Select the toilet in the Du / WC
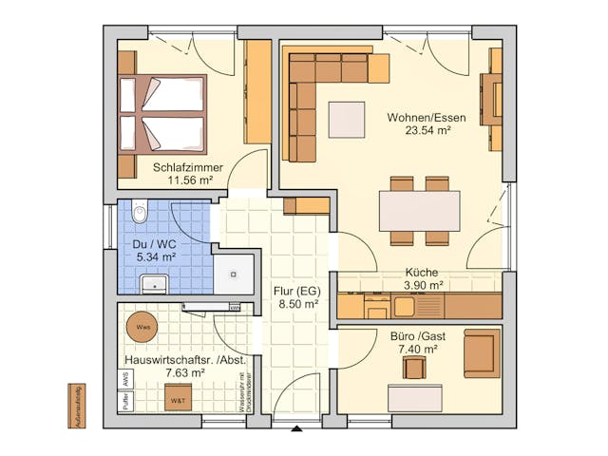point(141,214)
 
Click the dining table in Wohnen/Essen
point(419,211)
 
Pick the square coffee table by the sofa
point(346,119)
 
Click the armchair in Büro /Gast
point(480,352)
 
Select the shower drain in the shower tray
point(233,275)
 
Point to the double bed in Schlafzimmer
point(161,114)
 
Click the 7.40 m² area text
point(418,350)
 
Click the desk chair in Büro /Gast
point(413,366)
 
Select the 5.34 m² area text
point(156,256)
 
